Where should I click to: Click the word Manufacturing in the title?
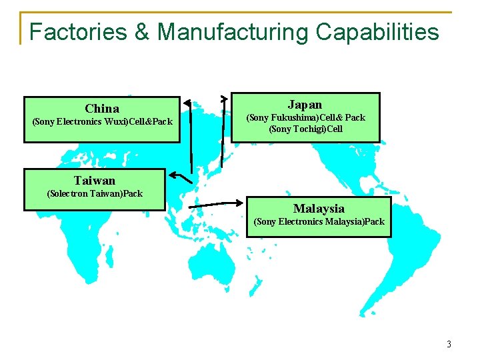point(233,31)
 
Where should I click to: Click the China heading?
point(102,108)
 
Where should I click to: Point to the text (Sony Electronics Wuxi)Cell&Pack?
point(102,122)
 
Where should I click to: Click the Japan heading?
point(305,104)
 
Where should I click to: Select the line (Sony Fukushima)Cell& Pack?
point(306,117)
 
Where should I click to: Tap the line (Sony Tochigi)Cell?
point(305,129)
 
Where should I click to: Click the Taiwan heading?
point(95,180)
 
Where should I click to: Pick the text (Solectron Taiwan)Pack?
point(95,194)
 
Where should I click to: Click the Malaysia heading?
point(319,208)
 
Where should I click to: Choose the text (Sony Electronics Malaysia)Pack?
point(319,221)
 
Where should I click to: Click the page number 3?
point(449,345)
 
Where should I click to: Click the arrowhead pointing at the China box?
point(187,103)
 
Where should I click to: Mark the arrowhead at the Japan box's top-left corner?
point(225,98)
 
